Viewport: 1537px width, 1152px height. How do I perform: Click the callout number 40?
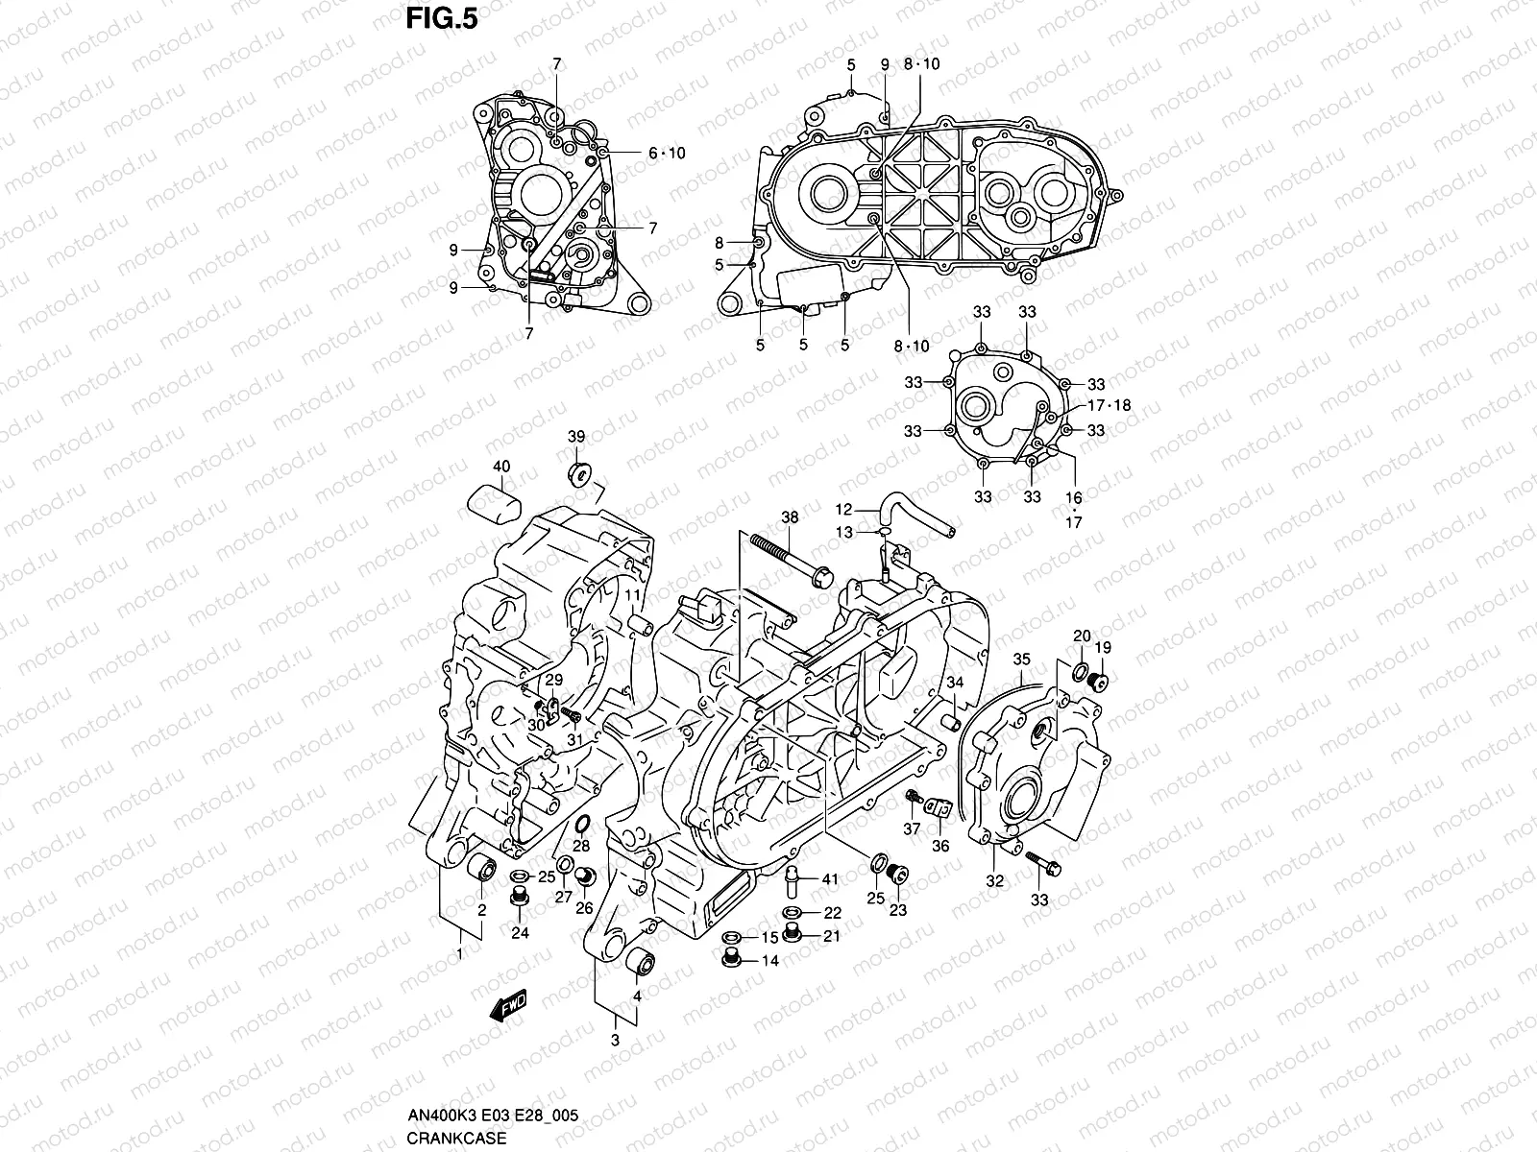coord(501,467)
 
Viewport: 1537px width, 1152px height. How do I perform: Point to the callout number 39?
coord(575,437)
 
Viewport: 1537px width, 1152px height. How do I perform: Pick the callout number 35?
coord(1021,659)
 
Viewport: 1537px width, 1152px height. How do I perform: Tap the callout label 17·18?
coord(1109,405)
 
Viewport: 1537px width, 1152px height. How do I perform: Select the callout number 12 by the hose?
coord(843,509)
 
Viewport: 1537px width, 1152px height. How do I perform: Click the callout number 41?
coord(830,878)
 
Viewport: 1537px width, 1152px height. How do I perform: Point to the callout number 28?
coord(581,846)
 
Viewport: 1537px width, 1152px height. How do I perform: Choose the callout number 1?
coord(460,953)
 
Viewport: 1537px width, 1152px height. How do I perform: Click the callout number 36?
coord(941,846)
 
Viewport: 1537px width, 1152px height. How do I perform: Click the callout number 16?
coord(1073,498)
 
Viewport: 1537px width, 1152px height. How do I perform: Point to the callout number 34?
coord(955,682)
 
